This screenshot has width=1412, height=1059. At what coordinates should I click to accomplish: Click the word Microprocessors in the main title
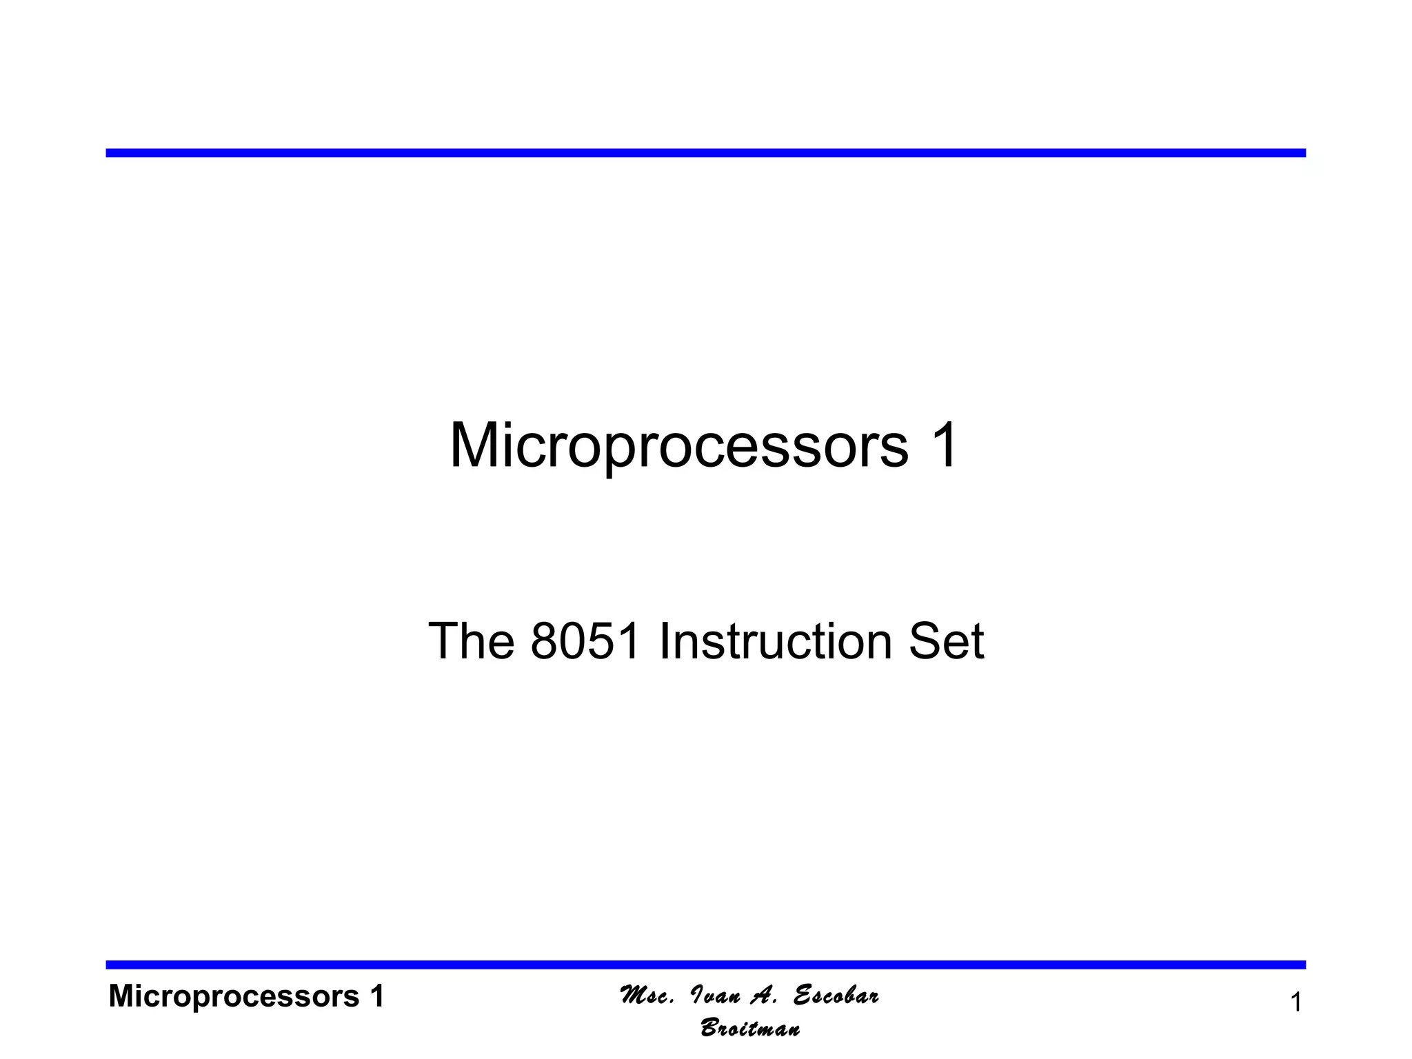click(x=679, y=446)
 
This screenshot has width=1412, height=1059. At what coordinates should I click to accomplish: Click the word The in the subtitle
click(x=471, y=642)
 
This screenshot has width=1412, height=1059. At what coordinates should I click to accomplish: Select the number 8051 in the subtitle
click(x=586, y=642)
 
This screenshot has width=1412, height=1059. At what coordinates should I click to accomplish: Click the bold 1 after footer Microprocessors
click(x=376, y=996)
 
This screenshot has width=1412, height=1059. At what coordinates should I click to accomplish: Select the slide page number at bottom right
click(x=1295, y=1002)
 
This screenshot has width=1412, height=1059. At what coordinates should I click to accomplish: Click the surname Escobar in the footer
click(x=836, y=996)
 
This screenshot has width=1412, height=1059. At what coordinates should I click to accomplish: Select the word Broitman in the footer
click(x=750, y=1029)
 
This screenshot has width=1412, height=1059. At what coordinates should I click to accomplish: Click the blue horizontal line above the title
click(x=705, y=153)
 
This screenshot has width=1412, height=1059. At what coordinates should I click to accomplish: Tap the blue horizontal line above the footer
click(x=705, y=965)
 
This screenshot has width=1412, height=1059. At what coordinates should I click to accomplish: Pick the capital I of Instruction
click(x=664, y=642)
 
